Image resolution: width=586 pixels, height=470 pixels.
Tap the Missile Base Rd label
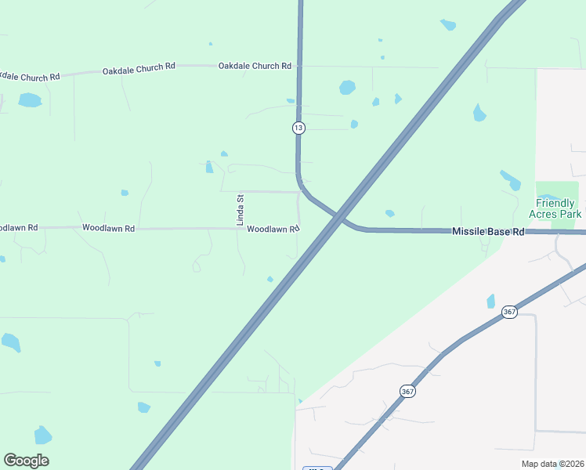pyautogui.click(x=487, y=232)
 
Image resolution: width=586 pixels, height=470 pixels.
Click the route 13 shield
pyautogui.click(x=298, y=127)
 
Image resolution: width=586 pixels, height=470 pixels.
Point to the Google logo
pyautogui.click(x=26, y=460)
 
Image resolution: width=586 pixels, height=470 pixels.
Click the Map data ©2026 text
pyautogui.click(x=552, y=464)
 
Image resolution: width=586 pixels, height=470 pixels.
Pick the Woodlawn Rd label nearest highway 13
pyautogui.click(x=273, y=230)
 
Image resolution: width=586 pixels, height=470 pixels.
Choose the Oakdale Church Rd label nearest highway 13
pyautogui.click(x=255, y=66)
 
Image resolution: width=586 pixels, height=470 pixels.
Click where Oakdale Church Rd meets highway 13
pyautogui.click(x=298, y=67)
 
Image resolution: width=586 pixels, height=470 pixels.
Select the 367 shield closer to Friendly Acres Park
pyautogui.click(x=510, y=312)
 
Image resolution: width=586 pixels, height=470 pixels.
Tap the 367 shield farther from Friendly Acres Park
pyautogui.click(x=407, y=390)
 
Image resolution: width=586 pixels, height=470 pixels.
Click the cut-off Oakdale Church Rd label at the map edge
pyautogui.click(x=30, y=77)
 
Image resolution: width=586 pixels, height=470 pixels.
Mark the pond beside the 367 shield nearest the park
pyautogui.click(x=491, y=301)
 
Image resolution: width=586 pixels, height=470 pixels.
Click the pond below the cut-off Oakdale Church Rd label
pyautogui.click(x=30, y=100)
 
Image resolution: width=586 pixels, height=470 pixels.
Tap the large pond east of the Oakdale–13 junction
pyautogui.click(x=347, y=87)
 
